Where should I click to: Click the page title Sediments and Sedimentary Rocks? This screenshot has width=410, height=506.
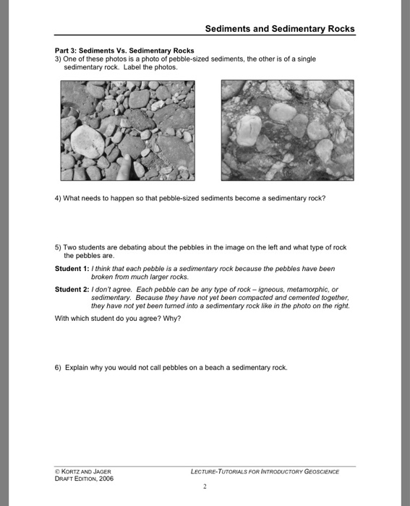click(280, 29)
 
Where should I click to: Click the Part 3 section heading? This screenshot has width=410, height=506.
click(124, 51)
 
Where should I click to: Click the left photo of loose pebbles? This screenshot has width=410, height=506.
click(128, 129)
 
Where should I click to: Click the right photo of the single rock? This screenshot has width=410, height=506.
click(287, 129)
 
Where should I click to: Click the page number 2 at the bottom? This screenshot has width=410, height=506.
click(205, 487)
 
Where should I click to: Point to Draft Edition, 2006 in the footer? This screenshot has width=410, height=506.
click(85, 478)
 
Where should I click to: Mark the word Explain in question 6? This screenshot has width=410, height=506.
click(77, 367)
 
